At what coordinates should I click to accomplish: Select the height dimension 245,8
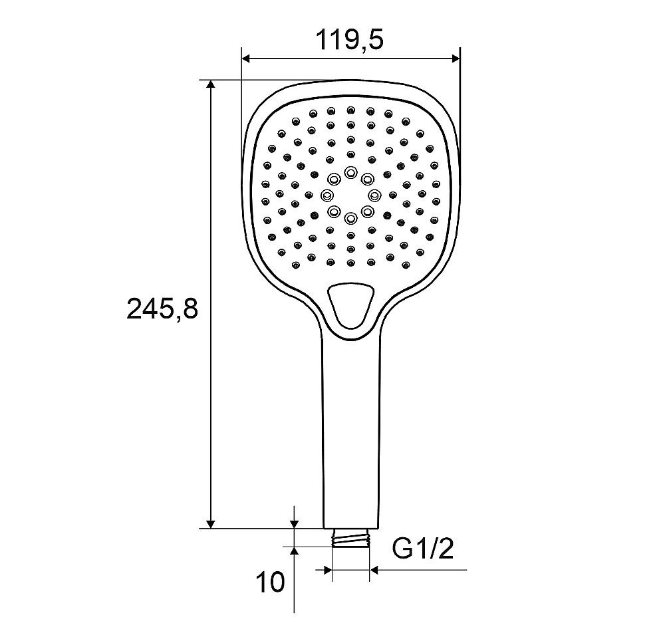click(x=162, y=309)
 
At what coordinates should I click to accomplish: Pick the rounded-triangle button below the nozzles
click(x=350, y=305)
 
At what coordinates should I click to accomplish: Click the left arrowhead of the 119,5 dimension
click(x=247, y=59)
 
